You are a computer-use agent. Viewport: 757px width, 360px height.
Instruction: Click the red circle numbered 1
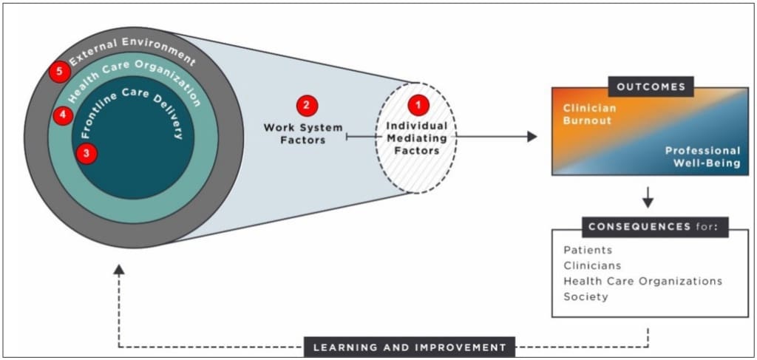418,106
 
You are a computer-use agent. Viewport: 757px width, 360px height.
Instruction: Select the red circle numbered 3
87,154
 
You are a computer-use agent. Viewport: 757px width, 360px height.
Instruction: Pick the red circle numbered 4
63,115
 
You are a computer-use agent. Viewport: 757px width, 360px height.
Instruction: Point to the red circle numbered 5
60,72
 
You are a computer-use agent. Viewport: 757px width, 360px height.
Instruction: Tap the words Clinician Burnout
589,114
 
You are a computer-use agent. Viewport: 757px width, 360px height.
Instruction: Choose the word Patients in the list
588,250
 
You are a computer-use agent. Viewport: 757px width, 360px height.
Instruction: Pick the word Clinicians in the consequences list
592,265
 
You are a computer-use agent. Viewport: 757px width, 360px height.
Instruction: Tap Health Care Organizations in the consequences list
642,281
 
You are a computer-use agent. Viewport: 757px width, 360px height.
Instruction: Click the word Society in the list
585,296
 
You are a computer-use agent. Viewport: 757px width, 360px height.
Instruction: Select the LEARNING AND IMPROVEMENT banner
409,347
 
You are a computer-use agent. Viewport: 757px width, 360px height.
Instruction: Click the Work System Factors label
303,134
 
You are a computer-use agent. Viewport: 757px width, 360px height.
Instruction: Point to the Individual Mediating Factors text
416,138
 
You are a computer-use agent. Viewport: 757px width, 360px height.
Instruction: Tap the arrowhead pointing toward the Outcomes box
532,137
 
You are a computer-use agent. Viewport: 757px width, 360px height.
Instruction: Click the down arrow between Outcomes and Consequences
648,200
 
